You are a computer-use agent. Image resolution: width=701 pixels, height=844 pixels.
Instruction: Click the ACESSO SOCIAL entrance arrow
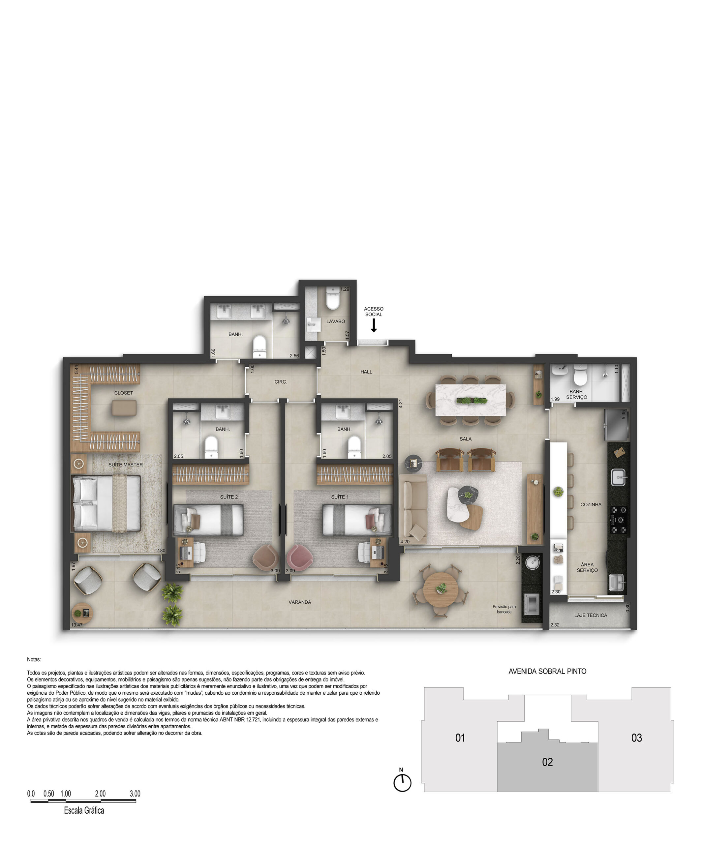(x=373, y=325)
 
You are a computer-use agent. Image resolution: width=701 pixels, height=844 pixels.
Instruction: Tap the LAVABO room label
(x=336, y=321)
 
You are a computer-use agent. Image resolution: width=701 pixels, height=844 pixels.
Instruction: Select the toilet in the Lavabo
(x=333, y=298)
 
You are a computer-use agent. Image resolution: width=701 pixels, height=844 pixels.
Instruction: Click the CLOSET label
(x=123, y=393)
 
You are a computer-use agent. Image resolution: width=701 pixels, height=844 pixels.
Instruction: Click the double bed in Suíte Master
(x=106, y=503)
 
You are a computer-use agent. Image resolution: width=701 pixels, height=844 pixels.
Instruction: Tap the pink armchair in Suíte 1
(x=299, y=558)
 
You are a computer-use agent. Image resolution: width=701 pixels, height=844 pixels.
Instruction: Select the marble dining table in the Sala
(x=471, y=400)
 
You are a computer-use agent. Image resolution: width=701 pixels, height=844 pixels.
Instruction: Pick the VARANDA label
(x=300, y=602)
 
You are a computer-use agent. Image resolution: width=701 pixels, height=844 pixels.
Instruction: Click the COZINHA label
(x=591, y=504)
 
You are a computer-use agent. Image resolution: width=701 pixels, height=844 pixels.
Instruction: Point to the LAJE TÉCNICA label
(x=591, y=615)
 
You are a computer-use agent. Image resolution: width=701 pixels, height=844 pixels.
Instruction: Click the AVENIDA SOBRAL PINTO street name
(x=547, y=671)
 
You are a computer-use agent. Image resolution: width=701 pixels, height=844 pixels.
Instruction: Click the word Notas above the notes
(x=34, y=659)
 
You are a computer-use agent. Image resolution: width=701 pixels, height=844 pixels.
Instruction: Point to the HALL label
(x=366, y=372)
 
